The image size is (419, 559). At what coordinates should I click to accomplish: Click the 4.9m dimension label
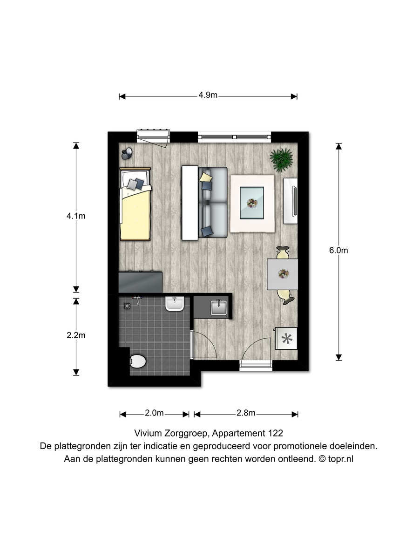pyautogui.click(x=208, y=95)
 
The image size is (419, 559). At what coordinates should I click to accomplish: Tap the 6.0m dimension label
pyautogui.click(x=338, y=250)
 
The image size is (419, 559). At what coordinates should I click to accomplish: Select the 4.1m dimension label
pyautogui.click(x=76, y=216)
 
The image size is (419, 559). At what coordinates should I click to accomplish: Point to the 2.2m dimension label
pyautogui.click(x=76, y=335)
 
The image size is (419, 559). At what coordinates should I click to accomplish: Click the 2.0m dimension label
pyautogui.click(x=154, y=413)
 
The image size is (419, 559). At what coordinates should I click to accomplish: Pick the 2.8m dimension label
pyautogui.click(x=246, y=413)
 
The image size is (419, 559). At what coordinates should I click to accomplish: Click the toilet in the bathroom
pyautogui.click(x=138, y=361)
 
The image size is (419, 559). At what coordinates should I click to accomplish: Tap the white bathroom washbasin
pyautogui.click(x=175, y=304)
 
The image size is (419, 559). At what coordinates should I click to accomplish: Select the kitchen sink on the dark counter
pyautogui.click(x=219, y=307)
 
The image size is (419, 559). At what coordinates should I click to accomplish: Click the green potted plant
pyautogui.click(x=281, y=160)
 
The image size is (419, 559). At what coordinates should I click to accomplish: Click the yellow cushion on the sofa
pyautogui.click(x=206, y=177)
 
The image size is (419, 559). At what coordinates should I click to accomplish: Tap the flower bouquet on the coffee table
pyautogui.click(x=252, y=203)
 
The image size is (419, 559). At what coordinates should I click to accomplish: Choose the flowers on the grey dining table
pyautogui.click(x=283, y=274)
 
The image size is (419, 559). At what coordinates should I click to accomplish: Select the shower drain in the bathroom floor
pyautogui.click(x=127, y=306)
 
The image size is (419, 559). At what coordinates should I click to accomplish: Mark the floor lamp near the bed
pyautogui.click(x=127, y=153)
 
